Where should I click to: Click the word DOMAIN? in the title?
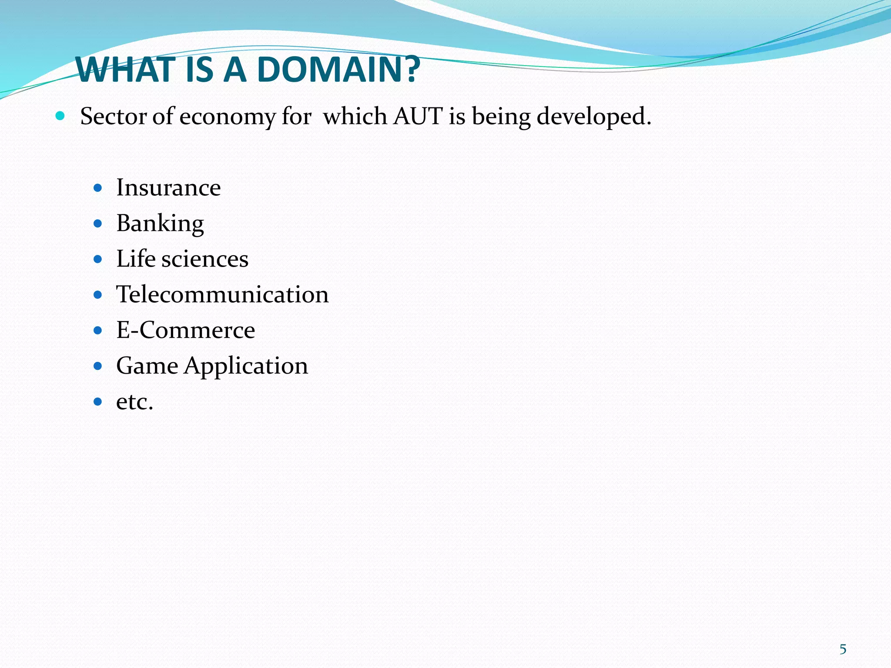pos(338,70)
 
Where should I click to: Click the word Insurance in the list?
pos(168,188)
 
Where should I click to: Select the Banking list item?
pos(160,224)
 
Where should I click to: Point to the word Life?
pos(136,259)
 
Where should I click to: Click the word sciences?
pos(205,259)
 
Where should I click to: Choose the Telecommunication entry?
pos(222,294)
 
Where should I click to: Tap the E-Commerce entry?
pos(186,330)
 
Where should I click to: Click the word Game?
pos(147,366)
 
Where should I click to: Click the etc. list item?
pos(135,401)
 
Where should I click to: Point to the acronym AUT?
pos(418,117)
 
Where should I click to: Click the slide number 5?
pos(843,649)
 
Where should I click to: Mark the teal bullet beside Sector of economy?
pos(60,116)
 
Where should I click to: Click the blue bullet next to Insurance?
pos(98,188)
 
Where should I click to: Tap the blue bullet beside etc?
pos(98,401)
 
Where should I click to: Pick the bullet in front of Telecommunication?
pos(98,295)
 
